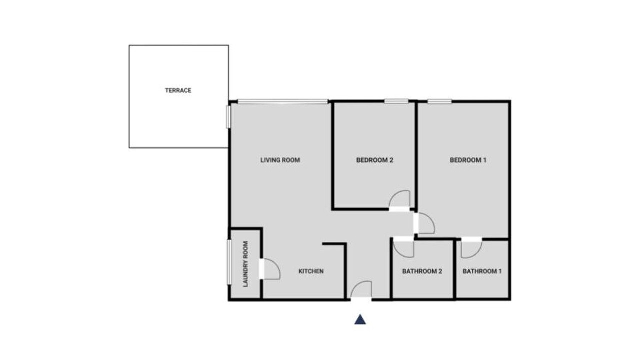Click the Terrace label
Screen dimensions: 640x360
click(x=178, y=90)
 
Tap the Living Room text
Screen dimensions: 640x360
click(x=280, y=160)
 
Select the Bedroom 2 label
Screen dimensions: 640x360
click(x=375, y=160)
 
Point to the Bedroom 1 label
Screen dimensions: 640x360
click(x=468, y=160)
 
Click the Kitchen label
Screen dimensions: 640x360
click(x=311, y=271)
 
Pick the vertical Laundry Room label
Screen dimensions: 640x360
click(x=245, y=264)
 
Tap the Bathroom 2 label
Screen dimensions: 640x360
click(x=422, y=271)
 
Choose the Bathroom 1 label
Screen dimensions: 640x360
click(x=482, y=271)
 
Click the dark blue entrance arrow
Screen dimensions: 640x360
click(x=360, y=320)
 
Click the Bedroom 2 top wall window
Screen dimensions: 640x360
click(x=396, y=101)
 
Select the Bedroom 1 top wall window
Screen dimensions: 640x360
click(x=439, y=101)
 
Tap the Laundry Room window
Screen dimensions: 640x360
click(x=229, y=262)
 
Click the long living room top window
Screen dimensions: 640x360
click(x=283, y=101)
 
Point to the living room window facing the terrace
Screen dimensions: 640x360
click(x=228, y=117)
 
